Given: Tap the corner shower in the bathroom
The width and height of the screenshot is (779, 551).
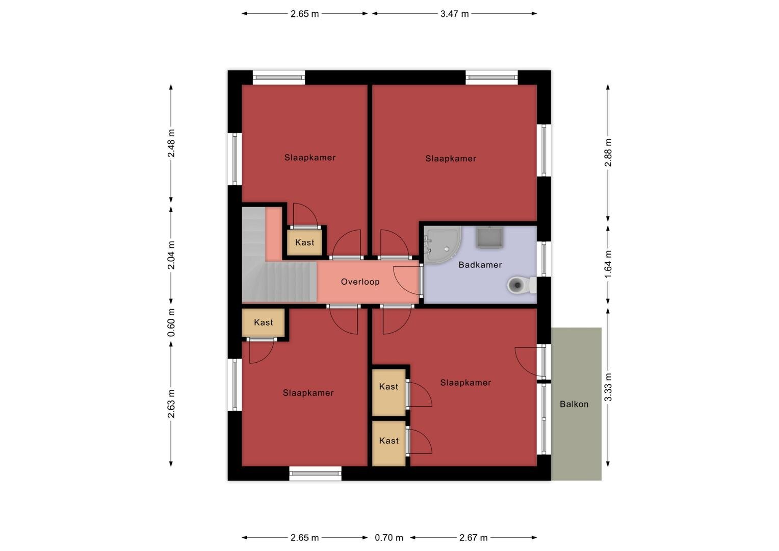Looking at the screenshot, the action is [x=442, y=244].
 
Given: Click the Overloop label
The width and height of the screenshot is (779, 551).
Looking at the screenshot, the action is [x=360, y=282].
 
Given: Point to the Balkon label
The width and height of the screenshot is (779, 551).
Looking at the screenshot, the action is [x=574, y=404].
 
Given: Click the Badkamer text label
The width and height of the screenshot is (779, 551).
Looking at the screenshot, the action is [x=480, y=265].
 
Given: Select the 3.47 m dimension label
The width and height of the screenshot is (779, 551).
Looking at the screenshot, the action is [x=455, y=14].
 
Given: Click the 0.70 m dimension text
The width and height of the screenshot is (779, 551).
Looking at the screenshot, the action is [x=389, y=538].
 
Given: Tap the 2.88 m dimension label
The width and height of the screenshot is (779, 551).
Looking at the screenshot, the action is [x=608, y=153].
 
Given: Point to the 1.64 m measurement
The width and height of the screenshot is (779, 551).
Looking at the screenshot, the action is [x=608, y=264].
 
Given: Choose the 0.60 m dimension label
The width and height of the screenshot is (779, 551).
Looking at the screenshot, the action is [x=171, y=322].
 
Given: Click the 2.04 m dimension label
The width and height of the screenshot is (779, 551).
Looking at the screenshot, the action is [x=171, y=255].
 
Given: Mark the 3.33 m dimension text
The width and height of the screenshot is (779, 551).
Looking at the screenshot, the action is [x=608, y=387].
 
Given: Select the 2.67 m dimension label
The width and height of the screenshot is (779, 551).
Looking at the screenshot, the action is [x=473, y=538].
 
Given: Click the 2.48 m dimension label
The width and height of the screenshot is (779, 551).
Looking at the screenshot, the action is [x=171, y=143].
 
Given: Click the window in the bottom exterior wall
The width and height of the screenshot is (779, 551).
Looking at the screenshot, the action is [x=316, y=473].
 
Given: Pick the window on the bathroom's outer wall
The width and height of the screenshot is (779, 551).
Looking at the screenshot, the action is [x=544, y=259].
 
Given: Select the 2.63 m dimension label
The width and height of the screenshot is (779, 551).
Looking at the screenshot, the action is [x=171, y=404].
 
